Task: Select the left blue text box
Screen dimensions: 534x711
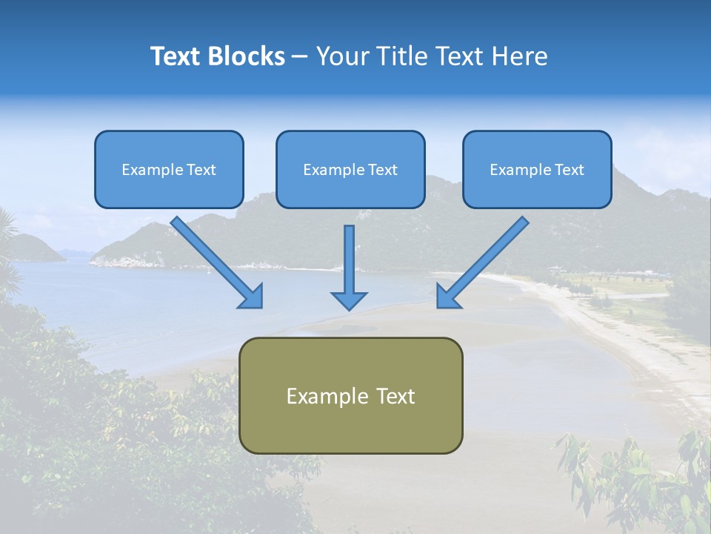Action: [x=169, y=169]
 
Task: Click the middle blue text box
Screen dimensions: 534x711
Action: [x=350, y=169]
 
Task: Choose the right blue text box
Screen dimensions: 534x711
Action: [x=537, y=169]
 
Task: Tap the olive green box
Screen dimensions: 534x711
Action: [x=350, y=395]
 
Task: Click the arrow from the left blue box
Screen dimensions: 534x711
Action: [x=215, y=260]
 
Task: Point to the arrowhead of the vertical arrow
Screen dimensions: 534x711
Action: [x=349, y=300]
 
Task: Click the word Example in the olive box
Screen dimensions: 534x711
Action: [x=322, y=396]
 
